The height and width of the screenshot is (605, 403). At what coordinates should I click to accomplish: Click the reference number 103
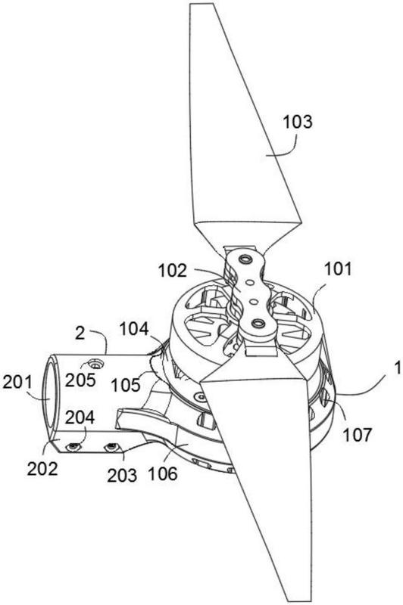[298, 122]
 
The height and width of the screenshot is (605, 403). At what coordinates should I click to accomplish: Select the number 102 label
[172, 271]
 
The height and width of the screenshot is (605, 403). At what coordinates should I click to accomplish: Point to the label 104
[133, 330]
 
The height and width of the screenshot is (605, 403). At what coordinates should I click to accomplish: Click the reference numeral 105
[126, 385]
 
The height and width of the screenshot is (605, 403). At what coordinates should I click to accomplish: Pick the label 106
[163, 473]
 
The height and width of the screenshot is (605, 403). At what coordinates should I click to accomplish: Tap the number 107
[357, 434]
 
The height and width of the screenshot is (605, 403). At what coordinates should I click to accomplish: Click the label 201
[17, 383]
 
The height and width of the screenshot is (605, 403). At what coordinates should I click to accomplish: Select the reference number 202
[42, 468]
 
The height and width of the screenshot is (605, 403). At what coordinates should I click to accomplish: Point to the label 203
[122, 475]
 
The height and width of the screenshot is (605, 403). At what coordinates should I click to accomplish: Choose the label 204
[80, 417]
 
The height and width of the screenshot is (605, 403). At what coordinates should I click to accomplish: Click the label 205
[80, 380]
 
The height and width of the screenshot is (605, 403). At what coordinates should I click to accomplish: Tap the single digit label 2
[80, 333]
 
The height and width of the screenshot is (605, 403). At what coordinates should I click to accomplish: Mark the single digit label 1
[397, 368]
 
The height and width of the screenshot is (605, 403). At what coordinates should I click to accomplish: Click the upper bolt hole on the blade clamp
[245, 259]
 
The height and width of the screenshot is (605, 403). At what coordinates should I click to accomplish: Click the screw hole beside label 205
[95, 363]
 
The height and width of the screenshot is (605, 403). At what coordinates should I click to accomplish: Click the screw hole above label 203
[112, 447]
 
